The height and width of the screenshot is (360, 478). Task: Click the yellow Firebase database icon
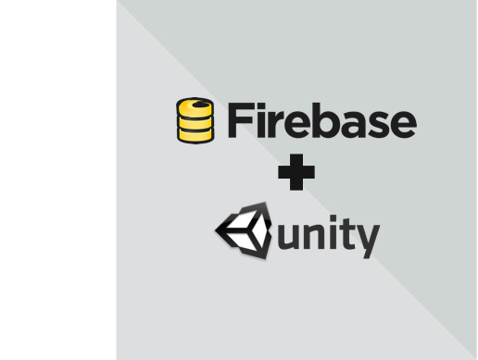[194, 120]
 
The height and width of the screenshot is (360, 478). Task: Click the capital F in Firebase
[236, 120]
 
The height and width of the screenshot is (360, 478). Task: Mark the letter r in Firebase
[273, 123]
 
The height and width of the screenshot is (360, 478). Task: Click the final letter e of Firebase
[402, 124]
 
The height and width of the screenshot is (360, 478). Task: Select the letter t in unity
[346, 235]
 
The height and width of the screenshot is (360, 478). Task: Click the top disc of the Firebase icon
[195, 105]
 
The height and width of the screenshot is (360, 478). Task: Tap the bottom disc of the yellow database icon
[194, 134]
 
